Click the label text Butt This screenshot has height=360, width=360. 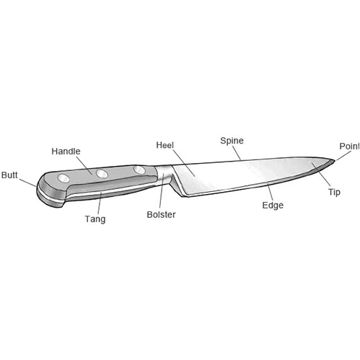[9, 175]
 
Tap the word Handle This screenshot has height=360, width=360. [66, 152]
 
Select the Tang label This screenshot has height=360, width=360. [95, 219]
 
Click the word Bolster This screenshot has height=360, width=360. [161, 214]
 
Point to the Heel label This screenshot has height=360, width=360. [164, 145]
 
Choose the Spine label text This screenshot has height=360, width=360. [232, 141]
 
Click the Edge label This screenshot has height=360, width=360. [273, 206]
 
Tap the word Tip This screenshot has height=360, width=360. [334, 192]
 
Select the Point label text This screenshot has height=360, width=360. [349, 146]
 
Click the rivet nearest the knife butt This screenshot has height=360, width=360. [63, 178]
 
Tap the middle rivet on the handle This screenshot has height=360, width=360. [102, 173]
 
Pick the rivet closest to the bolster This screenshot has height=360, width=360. [139, 170]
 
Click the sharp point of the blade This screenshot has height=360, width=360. [335, 160]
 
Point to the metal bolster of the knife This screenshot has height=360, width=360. [164, 175]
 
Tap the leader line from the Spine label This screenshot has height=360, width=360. [237, 153]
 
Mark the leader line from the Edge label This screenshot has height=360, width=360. [271, 192]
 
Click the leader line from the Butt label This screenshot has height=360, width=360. [27, 183]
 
